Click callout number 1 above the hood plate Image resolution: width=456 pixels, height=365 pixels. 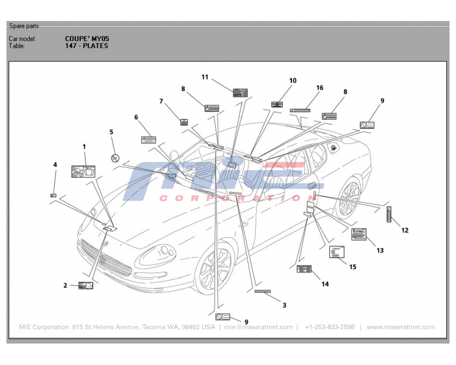point(84,146)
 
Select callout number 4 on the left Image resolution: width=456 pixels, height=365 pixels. point(55,164)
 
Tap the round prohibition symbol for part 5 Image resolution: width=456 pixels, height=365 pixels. point(115,158)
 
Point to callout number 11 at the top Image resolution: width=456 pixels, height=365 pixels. point(205,77)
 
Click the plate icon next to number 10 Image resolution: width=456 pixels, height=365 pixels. point(277,104)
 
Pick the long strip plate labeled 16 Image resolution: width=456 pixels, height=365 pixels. point(300,110)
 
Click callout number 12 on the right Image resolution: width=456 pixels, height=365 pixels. point(404,230)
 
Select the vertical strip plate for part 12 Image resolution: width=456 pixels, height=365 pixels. point(389,214)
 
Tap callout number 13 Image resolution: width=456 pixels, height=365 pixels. point(380,250)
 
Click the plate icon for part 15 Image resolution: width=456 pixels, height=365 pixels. point(337,252)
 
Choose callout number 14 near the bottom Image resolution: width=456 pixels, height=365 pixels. point(325,284)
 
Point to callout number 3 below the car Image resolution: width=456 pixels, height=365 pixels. point(284,305)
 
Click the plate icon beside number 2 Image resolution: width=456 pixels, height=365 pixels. point(85,286)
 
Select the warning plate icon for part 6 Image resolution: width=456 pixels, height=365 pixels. point(149,140)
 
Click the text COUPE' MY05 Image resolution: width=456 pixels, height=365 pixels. point(87,39)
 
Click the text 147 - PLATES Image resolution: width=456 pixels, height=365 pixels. point(87,46)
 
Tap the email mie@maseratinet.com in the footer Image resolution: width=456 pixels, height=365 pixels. point(258,327)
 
